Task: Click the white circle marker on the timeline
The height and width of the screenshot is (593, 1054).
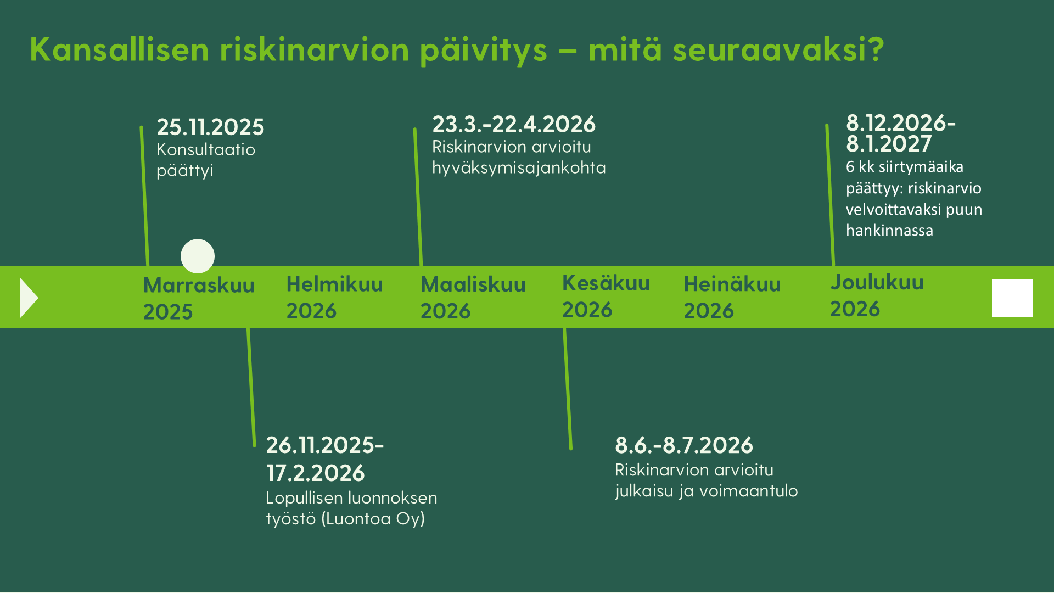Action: click(198, 256)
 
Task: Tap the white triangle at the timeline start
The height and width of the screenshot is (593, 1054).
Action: click(29, 298)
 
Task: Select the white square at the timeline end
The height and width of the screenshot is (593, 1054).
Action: click(1012, 298)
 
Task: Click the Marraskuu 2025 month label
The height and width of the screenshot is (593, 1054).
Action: click(199, 298)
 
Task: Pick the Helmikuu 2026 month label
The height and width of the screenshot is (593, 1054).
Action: click(334, 297)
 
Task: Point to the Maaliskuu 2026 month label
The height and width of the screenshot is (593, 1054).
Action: click(473, 298)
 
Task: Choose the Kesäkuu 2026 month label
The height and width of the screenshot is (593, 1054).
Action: click(606, 296)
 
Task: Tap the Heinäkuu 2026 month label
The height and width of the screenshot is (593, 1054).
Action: click(732, 297)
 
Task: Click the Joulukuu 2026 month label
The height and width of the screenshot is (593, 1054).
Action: click(877, 295)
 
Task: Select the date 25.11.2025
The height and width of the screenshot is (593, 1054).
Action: click(210, 127)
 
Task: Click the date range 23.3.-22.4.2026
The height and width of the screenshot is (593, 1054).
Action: click(514, 124)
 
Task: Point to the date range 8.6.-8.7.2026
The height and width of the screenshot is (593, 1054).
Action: click(684, 445)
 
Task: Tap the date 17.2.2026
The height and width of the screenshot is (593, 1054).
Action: click(315, 473)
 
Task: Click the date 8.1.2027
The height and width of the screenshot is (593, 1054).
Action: click(889, 144)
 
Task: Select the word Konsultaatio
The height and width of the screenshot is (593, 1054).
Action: click(206, 149)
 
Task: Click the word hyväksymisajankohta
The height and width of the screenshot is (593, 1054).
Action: click(519, 167)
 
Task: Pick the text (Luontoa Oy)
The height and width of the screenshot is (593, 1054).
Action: click(373, 519)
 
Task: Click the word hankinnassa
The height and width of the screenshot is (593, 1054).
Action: click(889, 230)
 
